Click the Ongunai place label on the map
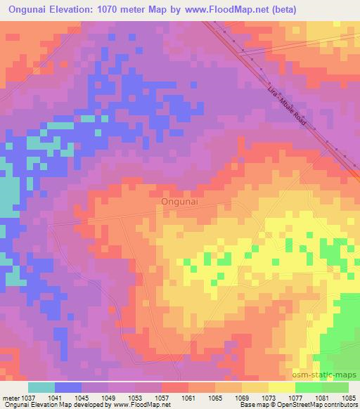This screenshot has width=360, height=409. point(180,201)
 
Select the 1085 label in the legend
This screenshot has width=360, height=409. point(348,398)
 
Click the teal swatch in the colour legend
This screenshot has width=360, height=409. point(41,387)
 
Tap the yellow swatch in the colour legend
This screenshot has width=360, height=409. point(281,387)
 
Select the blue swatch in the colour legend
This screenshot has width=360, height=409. point(68,387)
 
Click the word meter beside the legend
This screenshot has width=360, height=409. point(10,398)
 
